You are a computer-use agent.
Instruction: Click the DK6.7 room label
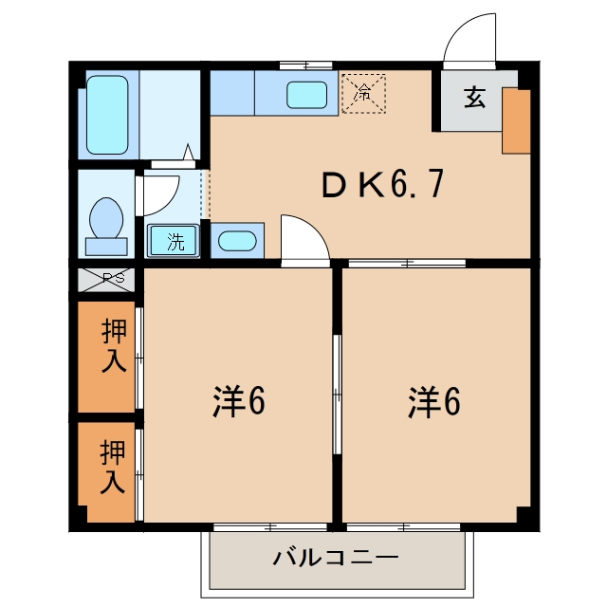382,185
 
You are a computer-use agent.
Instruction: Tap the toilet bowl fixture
106,226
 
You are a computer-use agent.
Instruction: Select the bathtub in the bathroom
107,115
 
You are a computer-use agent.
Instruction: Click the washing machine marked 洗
173,241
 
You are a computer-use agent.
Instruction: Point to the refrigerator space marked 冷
363,93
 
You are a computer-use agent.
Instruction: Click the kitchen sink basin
307,95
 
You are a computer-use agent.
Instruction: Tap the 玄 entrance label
474,97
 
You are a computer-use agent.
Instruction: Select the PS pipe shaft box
106,280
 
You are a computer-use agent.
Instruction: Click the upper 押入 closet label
114,345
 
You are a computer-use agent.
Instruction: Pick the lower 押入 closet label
113,467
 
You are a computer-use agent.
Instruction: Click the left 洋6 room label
239,401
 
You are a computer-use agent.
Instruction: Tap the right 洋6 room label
434,402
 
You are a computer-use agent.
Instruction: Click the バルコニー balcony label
336,558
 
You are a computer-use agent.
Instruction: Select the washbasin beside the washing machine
237,241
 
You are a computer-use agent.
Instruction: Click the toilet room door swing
171,203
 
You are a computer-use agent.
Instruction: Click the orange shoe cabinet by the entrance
516,120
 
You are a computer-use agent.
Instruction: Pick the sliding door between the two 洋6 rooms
338,395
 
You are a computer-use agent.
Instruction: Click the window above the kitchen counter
305,65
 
